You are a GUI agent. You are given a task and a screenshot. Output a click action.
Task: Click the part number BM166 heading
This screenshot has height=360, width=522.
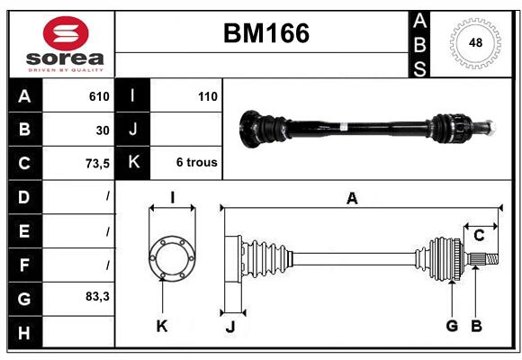coord(265,33)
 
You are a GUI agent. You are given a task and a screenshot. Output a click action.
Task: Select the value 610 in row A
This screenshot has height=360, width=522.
coord(99,96)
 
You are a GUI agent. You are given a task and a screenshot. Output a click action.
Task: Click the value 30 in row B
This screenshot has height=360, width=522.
coord(103,130)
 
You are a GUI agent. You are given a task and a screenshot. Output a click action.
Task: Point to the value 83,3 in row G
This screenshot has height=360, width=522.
coord(96,296)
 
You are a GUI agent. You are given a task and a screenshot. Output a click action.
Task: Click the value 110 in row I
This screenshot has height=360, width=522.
coord(207,96)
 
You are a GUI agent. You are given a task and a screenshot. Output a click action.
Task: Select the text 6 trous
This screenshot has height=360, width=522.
coord(195,164)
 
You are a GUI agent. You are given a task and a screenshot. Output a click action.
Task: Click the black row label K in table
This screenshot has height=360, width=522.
coord(133,164)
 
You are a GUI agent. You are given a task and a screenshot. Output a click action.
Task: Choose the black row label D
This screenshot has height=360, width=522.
coord(24,197)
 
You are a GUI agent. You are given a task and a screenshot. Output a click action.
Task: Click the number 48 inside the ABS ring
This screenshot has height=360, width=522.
coord(474,43)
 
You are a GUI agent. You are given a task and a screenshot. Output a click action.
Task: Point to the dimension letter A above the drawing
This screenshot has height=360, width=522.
coord(352,199)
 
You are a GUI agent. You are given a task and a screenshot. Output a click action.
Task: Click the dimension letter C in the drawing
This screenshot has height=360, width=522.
coord(480,236)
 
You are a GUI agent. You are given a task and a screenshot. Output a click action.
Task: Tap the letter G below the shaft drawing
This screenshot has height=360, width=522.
coord(452,326)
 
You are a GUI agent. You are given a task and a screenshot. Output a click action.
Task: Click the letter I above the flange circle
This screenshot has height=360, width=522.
coord(171,198)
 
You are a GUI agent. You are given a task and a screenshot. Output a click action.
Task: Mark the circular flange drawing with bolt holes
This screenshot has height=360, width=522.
coord(172,258)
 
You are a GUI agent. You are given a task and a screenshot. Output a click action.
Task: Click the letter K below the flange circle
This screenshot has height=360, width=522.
coord(162,327)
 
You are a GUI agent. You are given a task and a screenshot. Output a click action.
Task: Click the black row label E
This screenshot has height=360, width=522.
coord(24,230)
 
